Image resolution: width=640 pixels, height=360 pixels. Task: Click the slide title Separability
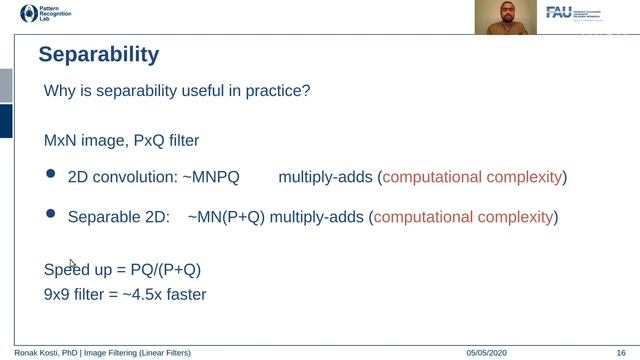point(98,53)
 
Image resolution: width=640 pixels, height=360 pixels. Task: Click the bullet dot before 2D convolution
point(51,175)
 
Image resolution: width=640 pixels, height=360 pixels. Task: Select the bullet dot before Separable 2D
point(51,214)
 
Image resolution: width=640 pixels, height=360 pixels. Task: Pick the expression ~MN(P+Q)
point(225,216)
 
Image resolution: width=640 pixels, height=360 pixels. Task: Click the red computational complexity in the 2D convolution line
point(472,177)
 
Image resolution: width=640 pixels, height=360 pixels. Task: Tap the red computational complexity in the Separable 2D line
point(463,216)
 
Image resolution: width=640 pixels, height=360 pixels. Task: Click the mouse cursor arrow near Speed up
point(72,264)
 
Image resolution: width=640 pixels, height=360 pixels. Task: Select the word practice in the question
point(275,91)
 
